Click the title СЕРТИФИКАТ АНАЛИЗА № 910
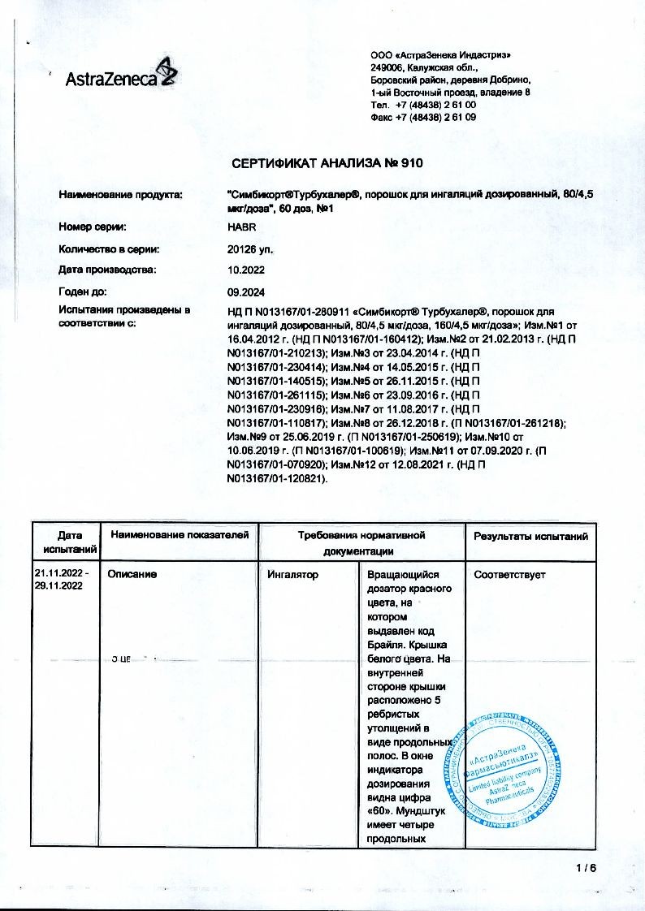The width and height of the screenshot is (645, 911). [327, 164]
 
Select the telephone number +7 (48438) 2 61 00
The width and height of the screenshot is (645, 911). [435, 106]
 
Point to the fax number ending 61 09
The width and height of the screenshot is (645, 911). [435, 117]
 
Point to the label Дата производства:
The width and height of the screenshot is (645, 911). [106, 270]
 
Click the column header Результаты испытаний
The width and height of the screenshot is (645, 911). [530, 536]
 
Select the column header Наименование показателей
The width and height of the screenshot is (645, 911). [179, 536]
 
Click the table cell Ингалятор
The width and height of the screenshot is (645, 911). [293, 575]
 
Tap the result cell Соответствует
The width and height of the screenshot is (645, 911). [509, 575]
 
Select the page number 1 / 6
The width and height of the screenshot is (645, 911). [586, 868]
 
